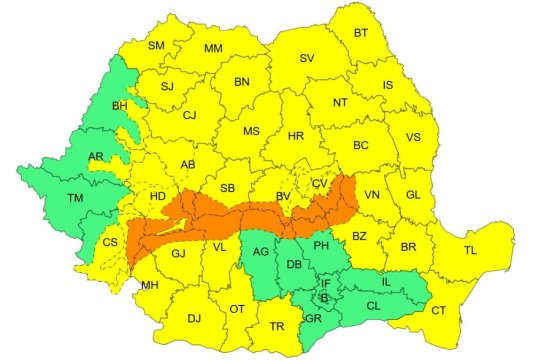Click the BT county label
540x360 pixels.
point(361,33)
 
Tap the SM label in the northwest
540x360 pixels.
point(157,46)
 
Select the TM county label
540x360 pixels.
point(75,198)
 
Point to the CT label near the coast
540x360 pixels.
point(438,311)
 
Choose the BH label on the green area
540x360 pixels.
point(120,105)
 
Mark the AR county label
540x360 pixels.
point(96,158)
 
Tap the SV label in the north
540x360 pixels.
point(308,59)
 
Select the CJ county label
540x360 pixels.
point(189,115)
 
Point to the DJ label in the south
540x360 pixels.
point(194,319)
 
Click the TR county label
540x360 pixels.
point(278,326)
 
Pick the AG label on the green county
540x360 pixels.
point(260,252)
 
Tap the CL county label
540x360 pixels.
point(372,306)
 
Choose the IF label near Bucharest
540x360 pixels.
point(325,284)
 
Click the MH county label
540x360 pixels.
point(150,285)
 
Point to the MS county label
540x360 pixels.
point(250,131)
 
